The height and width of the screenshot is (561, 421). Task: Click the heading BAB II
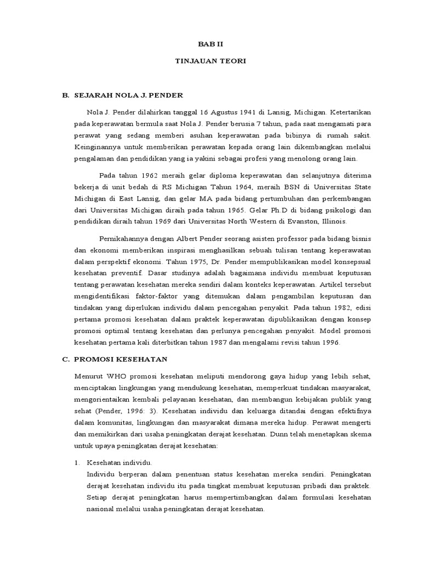coord(210,43)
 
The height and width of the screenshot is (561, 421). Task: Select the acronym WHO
coord(121,376)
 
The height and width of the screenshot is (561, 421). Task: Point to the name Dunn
coord(281,433)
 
